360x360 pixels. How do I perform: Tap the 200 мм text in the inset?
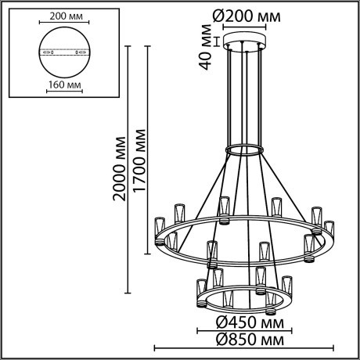point(62,15)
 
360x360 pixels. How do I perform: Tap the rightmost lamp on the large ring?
point(329,228)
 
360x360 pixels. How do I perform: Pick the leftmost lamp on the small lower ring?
point(201,286)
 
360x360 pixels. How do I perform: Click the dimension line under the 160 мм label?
point(62,92)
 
